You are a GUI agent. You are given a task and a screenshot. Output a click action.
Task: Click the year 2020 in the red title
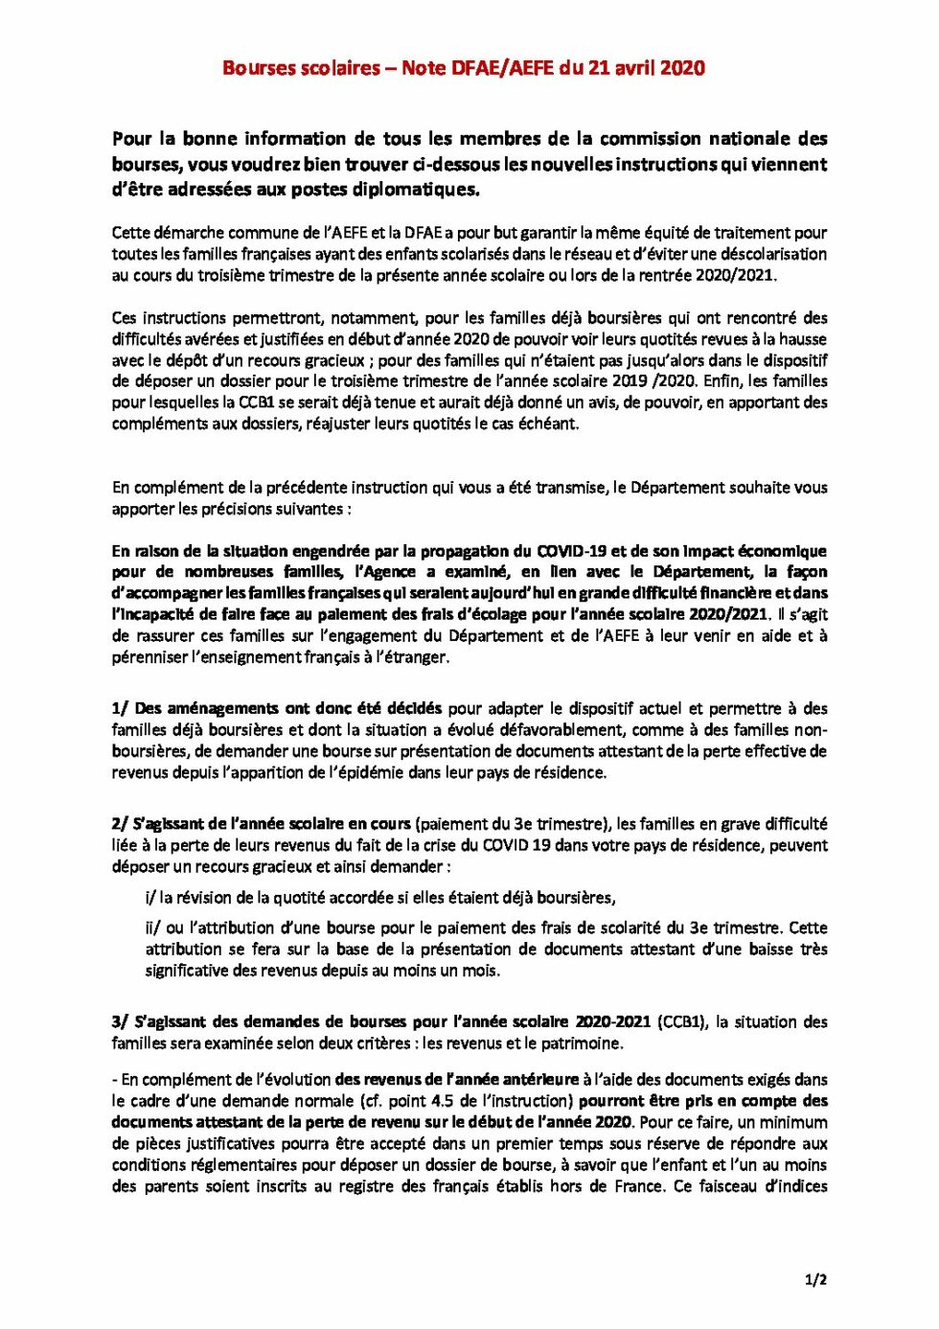pyautogui.click(x=682, y=68)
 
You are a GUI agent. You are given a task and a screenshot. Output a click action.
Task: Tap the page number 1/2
pyautogui.click(x=815, y=1279)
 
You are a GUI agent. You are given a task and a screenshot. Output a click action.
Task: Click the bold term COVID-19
pyautogui.click(x=571, y=551)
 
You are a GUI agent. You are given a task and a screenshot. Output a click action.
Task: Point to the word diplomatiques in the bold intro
pyautogui.click(x=418, y=190)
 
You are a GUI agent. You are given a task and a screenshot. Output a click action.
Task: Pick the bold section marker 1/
pyautogui.click(x=120, y=709)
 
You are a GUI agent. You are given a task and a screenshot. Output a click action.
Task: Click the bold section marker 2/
pyautogui.click(x=120, y=824)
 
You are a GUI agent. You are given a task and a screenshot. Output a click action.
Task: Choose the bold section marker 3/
pyautogui.click(x=120, y=1022)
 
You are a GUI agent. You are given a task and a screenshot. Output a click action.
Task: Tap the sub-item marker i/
pyautogui.click(x=150, y=898)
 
